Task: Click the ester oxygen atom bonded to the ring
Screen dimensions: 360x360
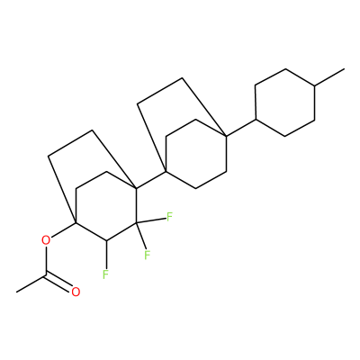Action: coord(46,240)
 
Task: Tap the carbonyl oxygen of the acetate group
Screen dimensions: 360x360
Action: coord(76,292)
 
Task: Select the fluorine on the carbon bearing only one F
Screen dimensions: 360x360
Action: coord(105,274)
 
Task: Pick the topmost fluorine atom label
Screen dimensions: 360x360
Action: coord(169,217)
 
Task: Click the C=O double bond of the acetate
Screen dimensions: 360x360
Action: coord(59,283)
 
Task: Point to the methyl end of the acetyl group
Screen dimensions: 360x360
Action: coord(17,292)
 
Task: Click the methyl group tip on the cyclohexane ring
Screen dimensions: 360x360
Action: coord(344,69)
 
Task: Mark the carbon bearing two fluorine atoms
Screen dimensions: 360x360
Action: coord(136,223)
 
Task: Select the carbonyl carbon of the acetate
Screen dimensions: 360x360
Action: coord(46,274)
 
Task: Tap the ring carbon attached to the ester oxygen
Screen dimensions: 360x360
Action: coord(76,223)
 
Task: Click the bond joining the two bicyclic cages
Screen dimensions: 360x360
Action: coord(151,180)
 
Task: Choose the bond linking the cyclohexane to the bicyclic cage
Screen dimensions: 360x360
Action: coord(241,128)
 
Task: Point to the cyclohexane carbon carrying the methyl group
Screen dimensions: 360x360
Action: coord(314,86)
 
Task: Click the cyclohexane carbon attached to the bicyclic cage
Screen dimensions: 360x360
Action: coord(256,120)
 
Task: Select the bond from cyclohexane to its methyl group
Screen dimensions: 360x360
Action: coord(329,77)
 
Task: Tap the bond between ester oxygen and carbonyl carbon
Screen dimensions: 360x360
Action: coord(46,260)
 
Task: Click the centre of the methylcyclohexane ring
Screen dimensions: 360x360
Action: coord(285,103)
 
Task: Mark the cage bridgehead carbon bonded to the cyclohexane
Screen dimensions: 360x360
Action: coord(226,137)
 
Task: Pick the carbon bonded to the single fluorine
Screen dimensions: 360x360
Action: coord(107,240)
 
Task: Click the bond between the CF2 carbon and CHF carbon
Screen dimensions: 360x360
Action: coord(121,231)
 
